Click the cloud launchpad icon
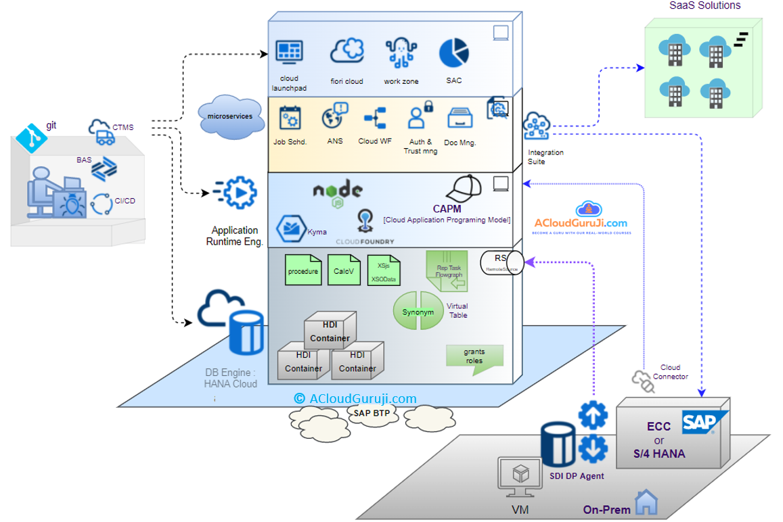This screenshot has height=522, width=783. [289, 53]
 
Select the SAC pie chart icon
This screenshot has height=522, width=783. [453, 53]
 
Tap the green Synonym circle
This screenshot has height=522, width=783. [418, 312]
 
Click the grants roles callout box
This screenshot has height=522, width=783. [474, 356]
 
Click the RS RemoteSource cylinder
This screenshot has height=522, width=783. [501, 262]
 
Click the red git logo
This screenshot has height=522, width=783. [29, 137]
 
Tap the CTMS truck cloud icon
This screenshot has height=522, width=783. [102, 132]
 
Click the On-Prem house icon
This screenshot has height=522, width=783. [648, 502]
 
